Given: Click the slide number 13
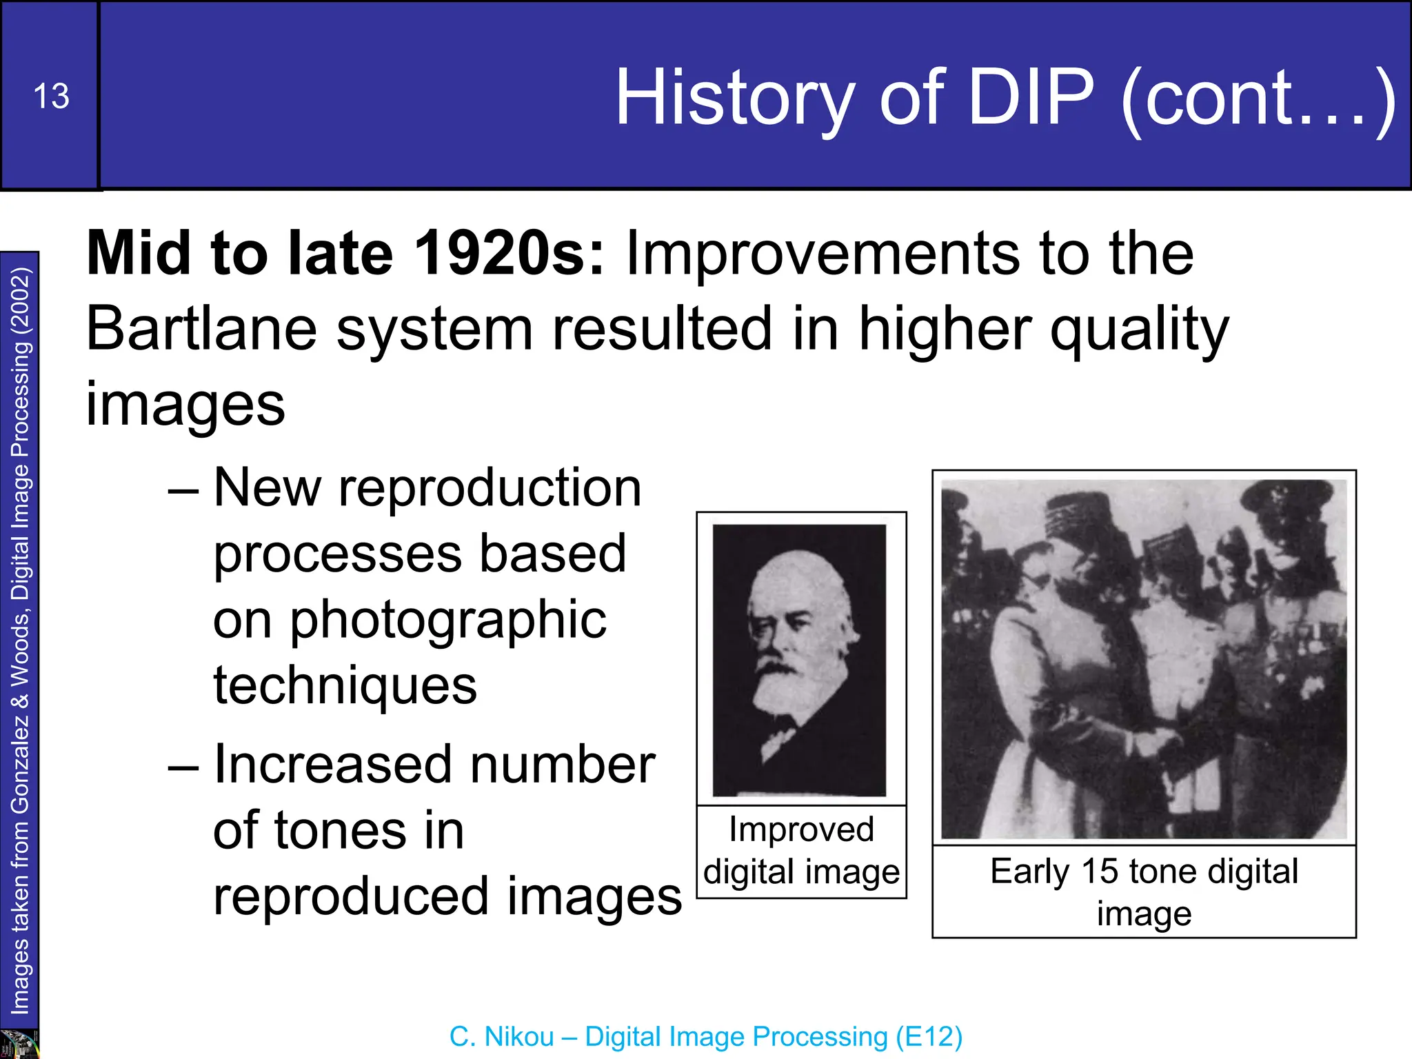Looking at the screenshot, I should point(51,96).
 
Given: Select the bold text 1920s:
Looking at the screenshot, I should point(510,254).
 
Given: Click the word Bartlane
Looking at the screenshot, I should point(201,329).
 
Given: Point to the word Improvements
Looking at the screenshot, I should point(820,254).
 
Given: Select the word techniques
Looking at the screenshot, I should point(345,685).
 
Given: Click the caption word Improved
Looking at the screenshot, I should point(801,829).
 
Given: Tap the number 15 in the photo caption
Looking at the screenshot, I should point(1099,871).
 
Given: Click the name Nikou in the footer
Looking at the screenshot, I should point(520,1037).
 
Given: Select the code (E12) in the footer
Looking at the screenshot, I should point(929,1037).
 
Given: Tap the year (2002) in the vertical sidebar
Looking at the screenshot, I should point(21,301).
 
